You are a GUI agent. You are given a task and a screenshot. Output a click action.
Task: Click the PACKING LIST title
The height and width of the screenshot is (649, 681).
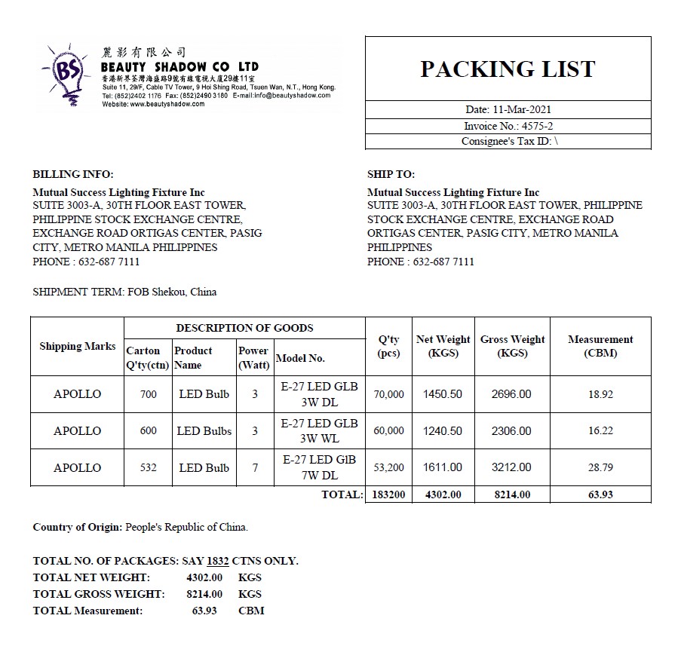pos(508,69)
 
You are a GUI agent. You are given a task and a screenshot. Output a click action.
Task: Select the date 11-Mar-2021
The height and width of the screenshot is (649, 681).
pos(529,109)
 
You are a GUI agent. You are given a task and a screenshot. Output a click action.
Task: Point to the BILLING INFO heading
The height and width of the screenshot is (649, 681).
pos(73,174)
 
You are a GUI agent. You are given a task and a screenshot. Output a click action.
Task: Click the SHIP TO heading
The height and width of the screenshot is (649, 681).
pos(391,174)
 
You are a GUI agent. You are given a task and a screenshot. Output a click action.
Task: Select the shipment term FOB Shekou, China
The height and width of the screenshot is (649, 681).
pos(171,292)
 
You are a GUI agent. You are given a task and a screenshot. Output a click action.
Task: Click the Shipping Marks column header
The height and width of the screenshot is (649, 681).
pos(78,346)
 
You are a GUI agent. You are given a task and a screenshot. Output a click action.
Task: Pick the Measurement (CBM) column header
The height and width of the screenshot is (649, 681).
pos(600,346)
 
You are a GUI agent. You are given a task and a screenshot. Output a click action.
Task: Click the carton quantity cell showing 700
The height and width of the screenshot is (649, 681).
pos(149,393)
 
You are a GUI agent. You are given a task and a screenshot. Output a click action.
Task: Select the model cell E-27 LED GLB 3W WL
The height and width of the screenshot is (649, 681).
pos(319,430)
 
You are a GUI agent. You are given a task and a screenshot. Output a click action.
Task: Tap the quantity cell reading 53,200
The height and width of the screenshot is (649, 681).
pos(389,467)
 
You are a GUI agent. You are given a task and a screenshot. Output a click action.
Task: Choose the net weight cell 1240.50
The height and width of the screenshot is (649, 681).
pos(443,430)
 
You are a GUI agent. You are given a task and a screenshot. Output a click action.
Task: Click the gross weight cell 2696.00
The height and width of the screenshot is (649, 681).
pos(511,393)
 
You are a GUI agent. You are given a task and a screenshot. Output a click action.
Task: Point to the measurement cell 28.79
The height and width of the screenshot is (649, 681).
pos(600,467)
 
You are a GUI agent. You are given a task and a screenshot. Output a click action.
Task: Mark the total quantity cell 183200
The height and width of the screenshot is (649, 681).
pos(389,494)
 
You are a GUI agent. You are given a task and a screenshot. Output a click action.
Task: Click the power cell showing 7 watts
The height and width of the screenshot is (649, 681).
pos(255,467)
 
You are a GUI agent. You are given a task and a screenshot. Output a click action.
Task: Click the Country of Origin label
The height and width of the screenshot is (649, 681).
pos(77,527)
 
